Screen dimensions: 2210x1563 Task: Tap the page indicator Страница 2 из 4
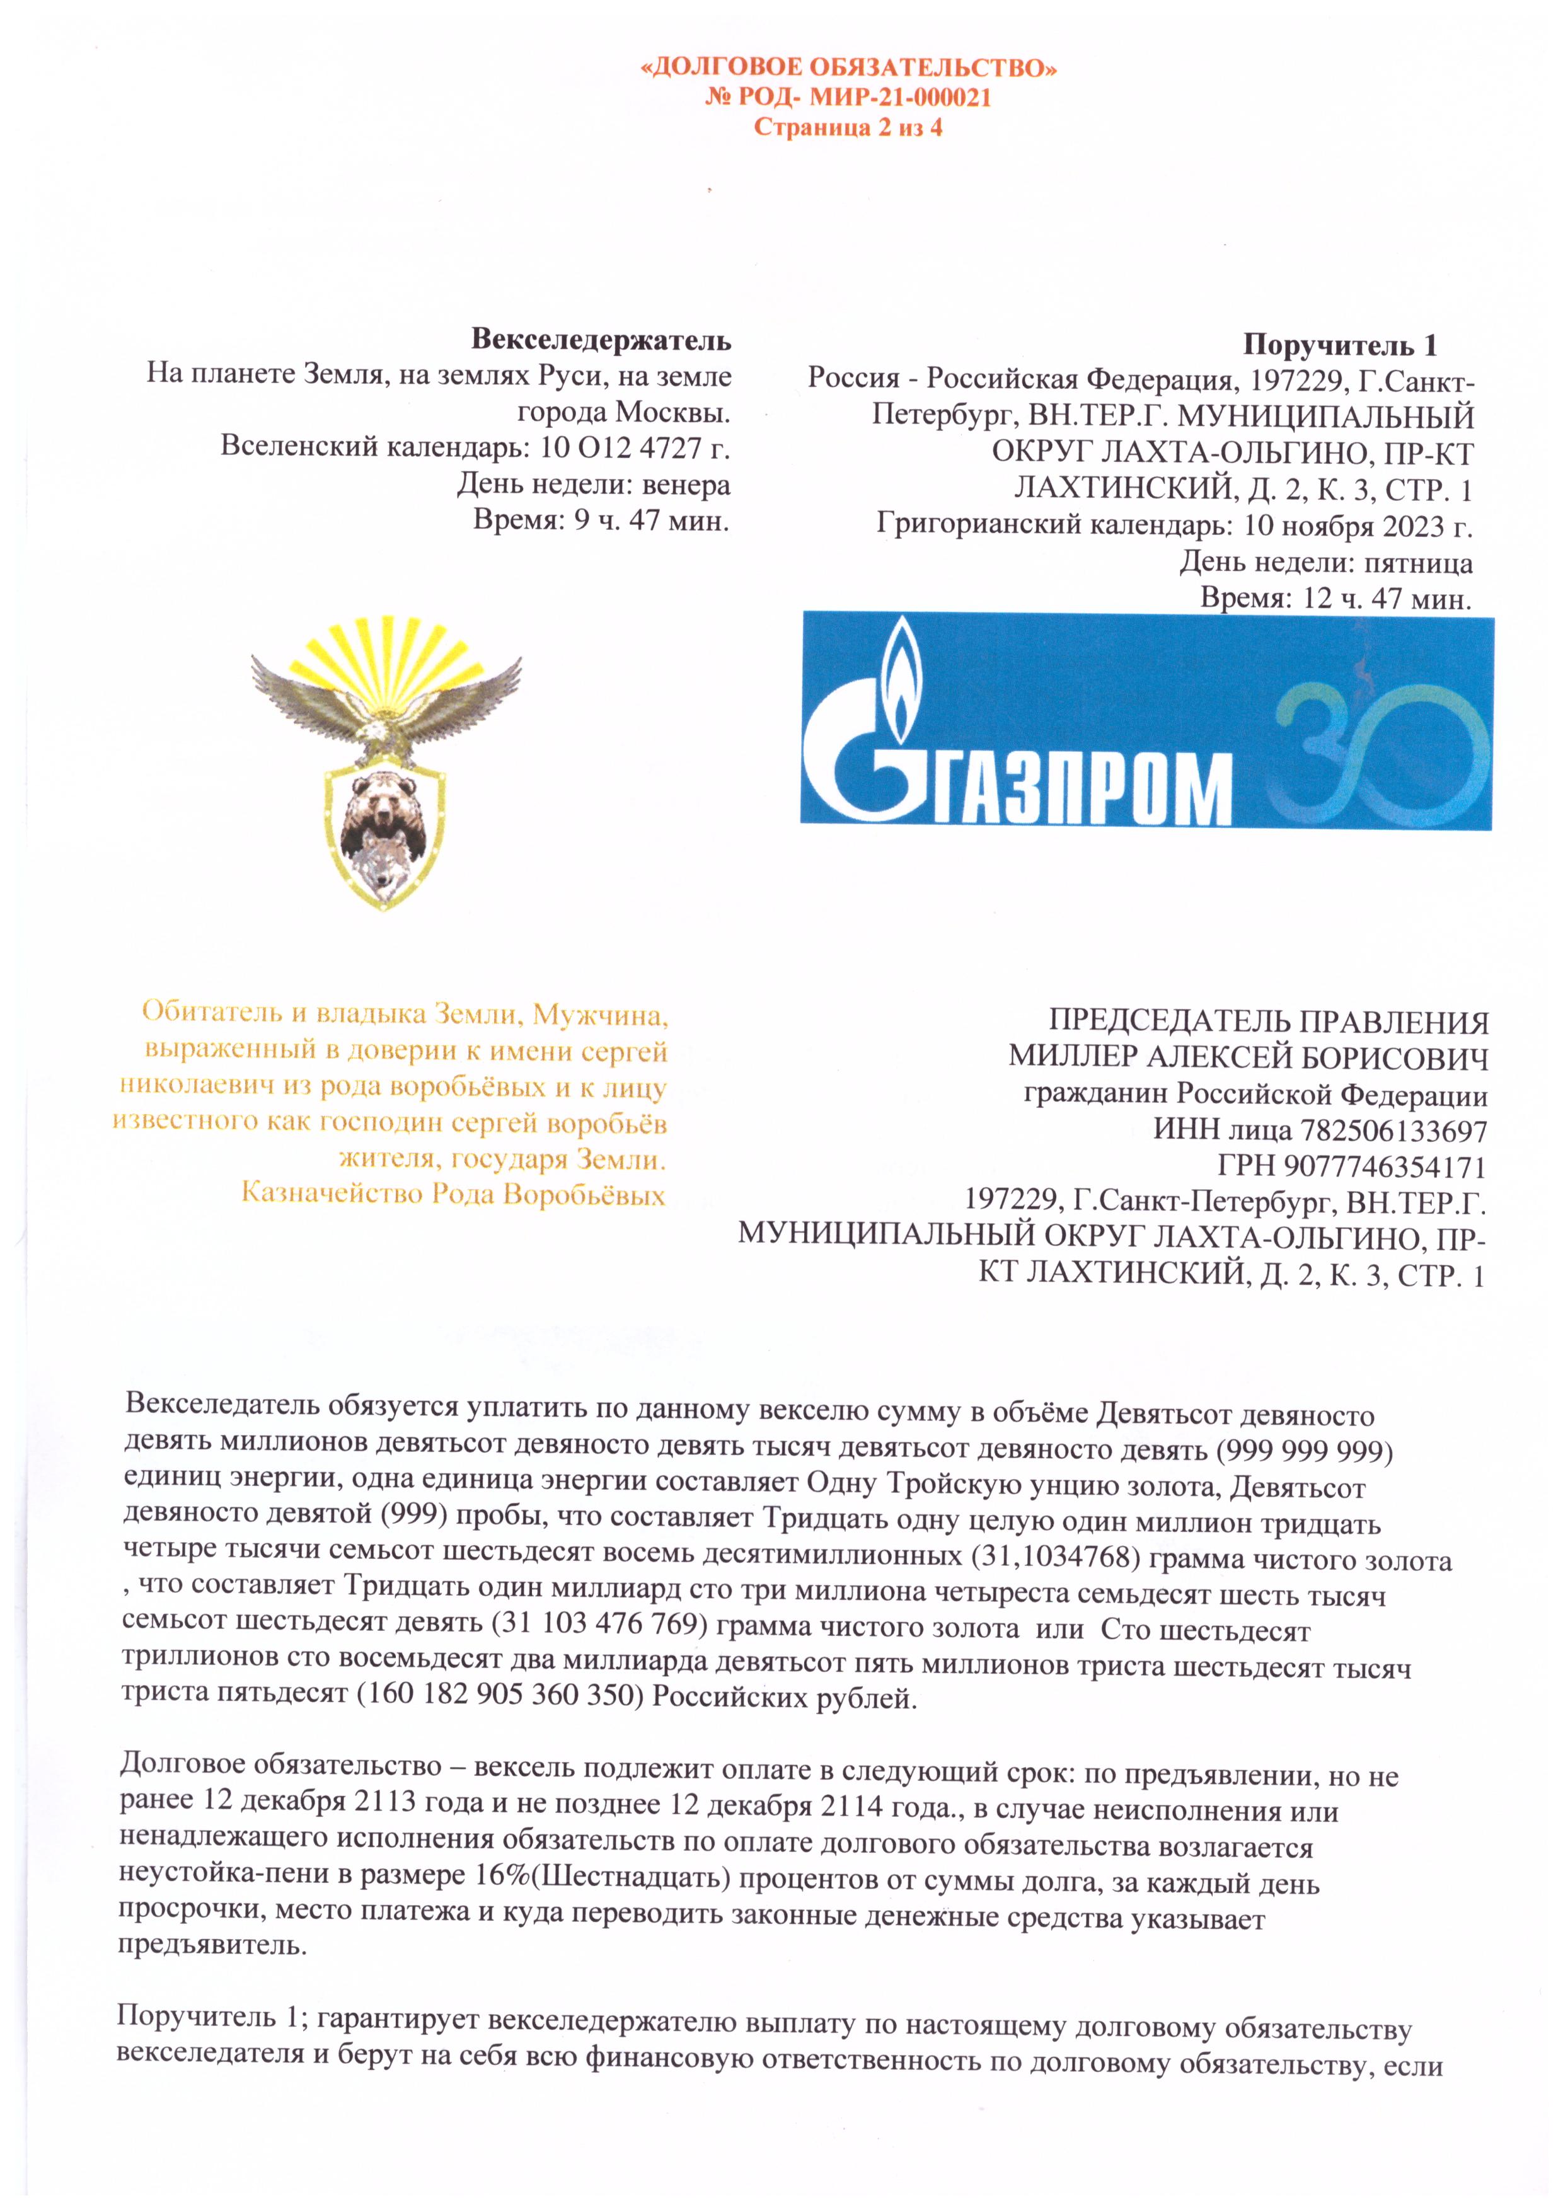[x=847, y=127]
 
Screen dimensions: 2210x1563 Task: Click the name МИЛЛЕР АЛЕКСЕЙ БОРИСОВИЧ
[x=1247, y=1057]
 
